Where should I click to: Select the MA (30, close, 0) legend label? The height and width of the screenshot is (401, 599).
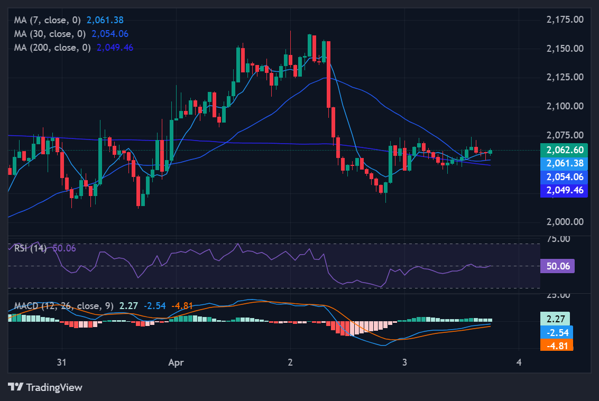(x=50, y=34)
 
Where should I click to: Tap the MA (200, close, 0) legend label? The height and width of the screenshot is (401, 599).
(x=52, y=48)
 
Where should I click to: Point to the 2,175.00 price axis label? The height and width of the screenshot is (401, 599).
(x=564, y=20)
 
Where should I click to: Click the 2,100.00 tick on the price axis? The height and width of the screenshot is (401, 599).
(x=564, y=106)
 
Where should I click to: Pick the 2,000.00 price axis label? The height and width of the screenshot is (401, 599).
(x=564, y=221)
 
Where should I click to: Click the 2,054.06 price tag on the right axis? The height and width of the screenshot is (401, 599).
(x=564, y=177)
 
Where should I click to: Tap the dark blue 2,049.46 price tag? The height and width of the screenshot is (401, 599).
(x=564, y=190)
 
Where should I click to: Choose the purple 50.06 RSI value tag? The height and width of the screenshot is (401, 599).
(x=557, y=266)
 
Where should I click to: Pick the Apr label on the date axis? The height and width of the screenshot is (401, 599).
(x=176, y=362)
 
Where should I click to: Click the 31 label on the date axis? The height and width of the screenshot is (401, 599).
(x=62, y=362)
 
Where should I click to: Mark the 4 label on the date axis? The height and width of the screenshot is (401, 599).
(x=519, y=362)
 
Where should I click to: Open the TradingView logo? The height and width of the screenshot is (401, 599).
(x=45, y=387)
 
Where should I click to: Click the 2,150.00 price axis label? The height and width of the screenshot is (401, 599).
(x=564, y=49)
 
